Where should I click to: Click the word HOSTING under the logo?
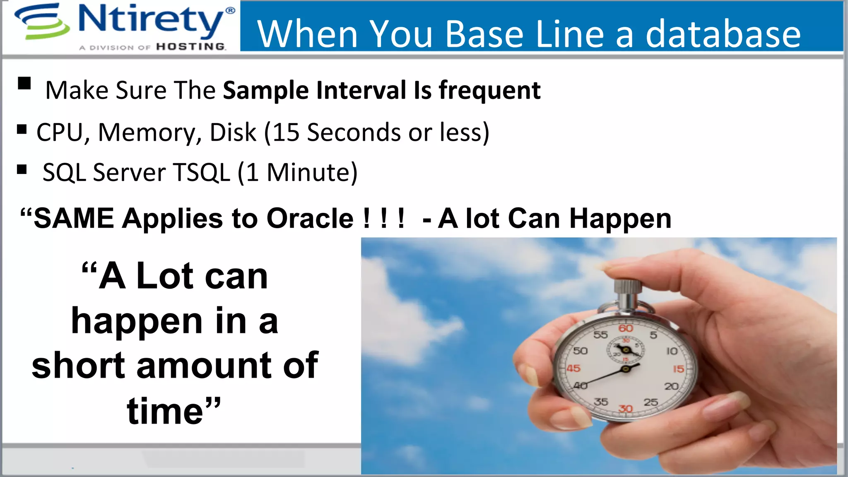click(191, 47)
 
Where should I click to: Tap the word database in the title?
click(723, 34)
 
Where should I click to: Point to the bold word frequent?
click(489, 90)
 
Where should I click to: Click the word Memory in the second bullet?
click(150, 132)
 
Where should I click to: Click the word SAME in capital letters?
click(74, 218)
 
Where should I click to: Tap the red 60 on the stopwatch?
click(626, 328)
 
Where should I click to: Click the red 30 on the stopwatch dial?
click(625, 409)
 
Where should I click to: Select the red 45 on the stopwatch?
click(573, 368)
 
